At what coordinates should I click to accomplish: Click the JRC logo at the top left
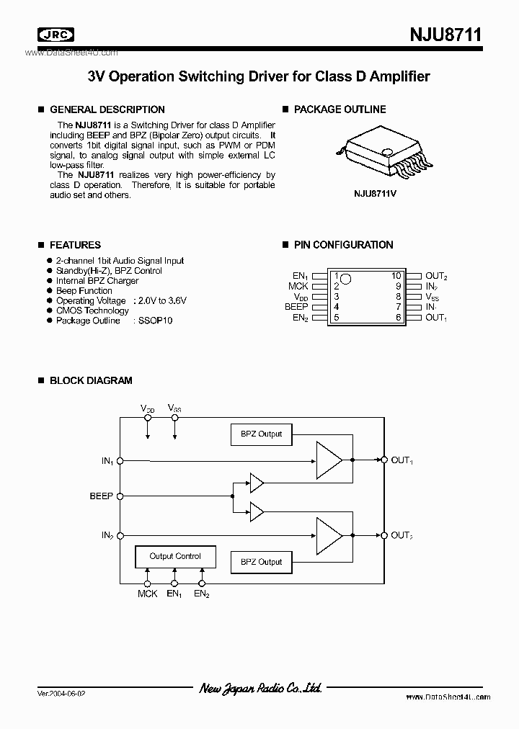(55, 35)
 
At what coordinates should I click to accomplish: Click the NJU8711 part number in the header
(445, 35)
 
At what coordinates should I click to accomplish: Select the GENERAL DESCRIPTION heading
(107, 109)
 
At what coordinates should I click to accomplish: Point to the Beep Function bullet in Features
(84, 290)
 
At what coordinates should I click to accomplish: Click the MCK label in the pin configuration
(298, 286)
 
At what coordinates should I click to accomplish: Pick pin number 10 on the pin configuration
(396, 276)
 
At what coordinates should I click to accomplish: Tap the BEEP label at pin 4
(296, 306)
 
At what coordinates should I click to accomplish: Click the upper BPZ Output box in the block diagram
(262, 434)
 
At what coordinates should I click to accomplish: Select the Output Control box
(175, 556)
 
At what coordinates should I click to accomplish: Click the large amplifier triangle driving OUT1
(329, 459)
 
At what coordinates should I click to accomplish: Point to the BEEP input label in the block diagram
(101, 496)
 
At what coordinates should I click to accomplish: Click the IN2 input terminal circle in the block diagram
(120, 535)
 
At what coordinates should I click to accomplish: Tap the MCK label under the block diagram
(147, 594)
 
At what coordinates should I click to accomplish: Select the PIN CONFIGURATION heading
(343, 245)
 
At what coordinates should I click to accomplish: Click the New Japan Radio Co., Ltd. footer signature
(259, 689)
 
